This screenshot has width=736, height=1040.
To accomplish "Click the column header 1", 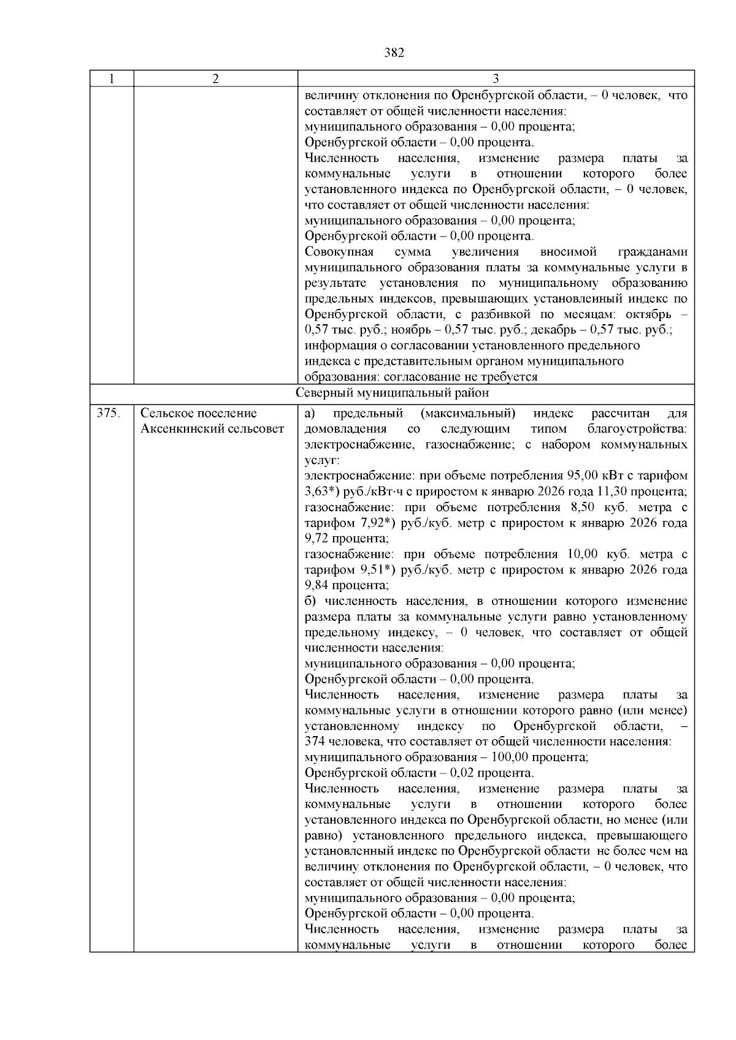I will tap(111, 79).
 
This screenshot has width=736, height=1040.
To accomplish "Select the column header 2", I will tap(215, 79).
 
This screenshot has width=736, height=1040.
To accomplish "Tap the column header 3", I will tap(496, 79).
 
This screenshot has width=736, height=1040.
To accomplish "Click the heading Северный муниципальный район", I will tap(393, 393).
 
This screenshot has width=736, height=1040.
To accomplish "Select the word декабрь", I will tap(551, 330).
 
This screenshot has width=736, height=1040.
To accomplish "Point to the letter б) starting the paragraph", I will tap(310, 601).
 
